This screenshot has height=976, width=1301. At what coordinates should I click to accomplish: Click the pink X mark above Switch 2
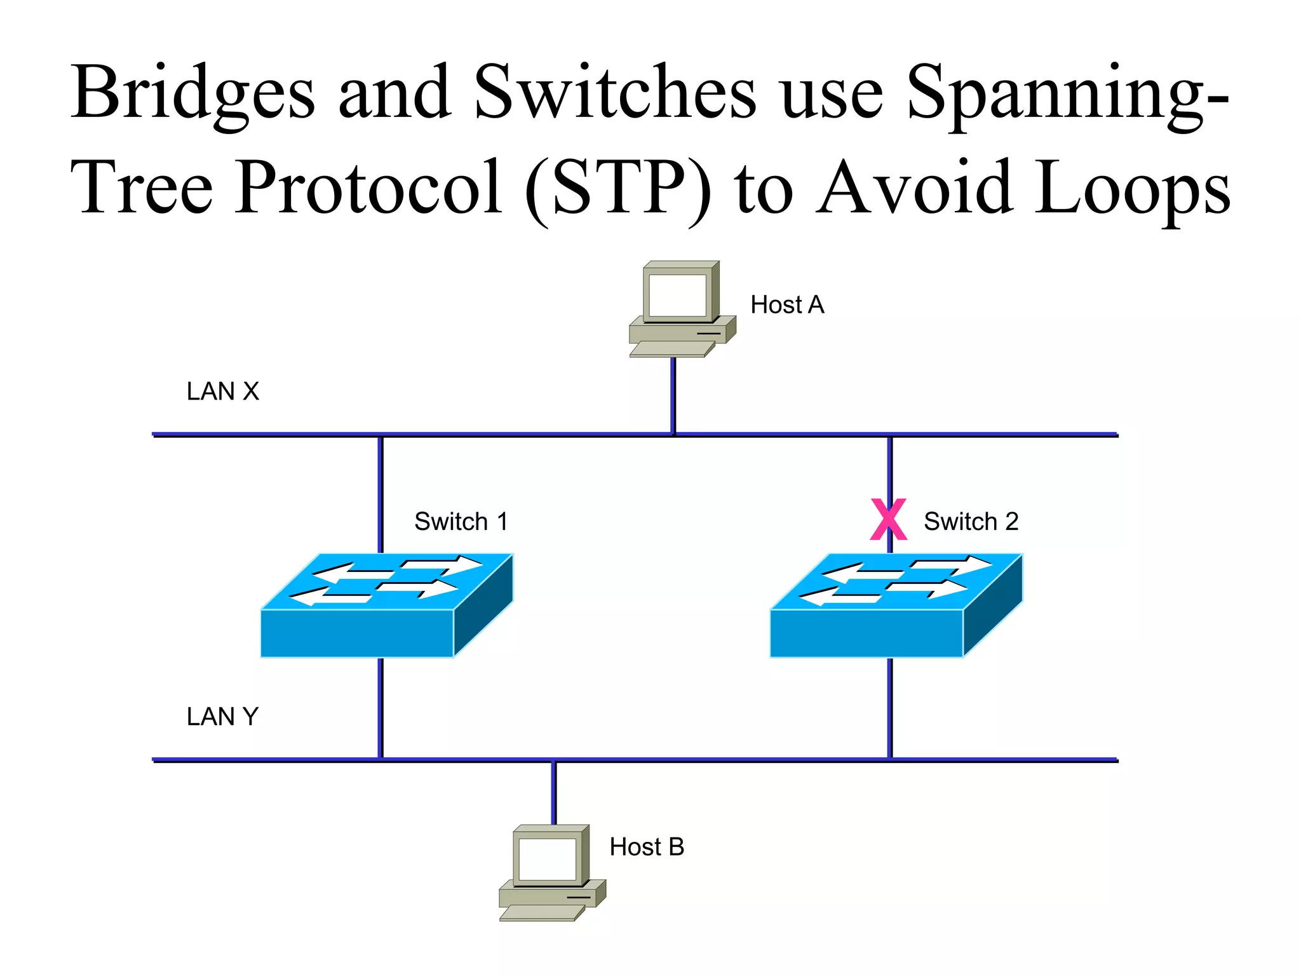[888, 520]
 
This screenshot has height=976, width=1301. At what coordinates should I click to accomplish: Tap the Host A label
[787, 305]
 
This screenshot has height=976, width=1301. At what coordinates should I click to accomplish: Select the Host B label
[647, 847]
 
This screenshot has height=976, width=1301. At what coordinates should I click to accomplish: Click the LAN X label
[223, 391]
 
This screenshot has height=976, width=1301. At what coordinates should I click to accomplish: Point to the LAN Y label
[222, 717]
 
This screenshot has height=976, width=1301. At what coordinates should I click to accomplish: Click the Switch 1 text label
[461, 522]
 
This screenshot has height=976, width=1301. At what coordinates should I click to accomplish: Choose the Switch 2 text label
[971, 522]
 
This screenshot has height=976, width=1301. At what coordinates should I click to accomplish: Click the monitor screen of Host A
[677, 295]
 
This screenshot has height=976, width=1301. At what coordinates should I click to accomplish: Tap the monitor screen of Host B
[547, 859]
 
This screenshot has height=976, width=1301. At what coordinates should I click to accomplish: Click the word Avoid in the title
[915, 187]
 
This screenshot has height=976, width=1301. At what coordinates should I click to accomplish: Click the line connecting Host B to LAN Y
[553, 792]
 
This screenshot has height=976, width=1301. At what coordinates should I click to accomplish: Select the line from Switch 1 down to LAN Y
[381, 708]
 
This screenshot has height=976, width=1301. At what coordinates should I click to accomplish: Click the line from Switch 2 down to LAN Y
[890, 708]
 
